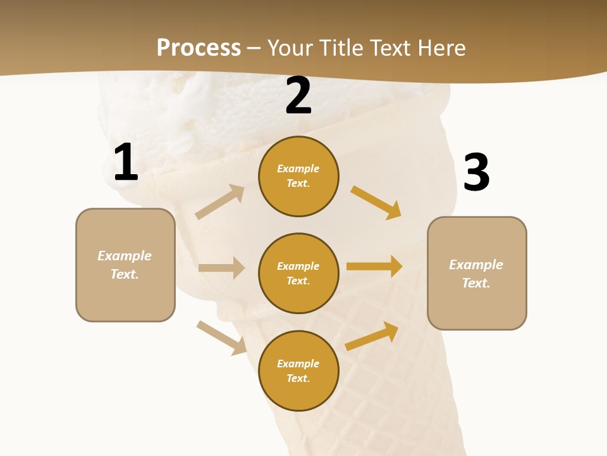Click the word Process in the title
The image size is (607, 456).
pos(199,48)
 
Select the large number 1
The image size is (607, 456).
pos(126,163)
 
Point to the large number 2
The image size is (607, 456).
pos(298,96)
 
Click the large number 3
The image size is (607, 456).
pos(477,172)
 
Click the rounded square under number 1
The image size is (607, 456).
pos(125,265)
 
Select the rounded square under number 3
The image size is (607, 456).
pos(477,273)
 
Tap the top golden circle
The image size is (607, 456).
pos(298,176)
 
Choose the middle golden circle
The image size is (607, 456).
pos(298,273)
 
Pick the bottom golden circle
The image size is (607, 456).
pos(298,370)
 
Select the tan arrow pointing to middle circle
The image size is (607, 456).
pos(221,268)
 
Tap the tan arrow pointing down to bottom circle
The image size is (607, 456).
pos(221,338)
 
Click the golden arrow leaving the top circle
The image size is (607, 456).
pos(376,202)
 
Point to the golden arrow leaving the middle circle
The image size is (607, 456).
pos(374,267)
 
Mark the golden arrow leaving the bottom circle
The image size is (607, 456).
pos(372,336)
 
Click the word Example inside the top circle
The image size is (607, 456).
pos(298,169)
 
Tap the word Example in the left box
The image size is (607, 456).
pos(125,256)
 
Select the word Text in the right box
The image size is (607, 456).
pos(475,283)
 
